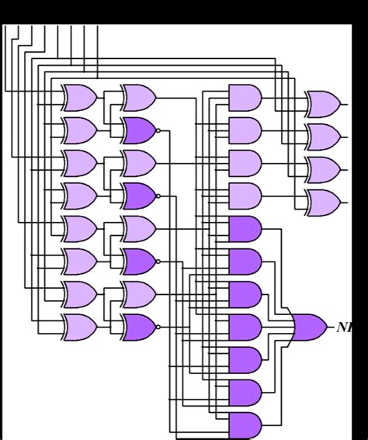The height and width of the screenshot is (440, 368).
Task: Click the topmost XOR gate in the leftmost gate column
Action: [x=79, y=98]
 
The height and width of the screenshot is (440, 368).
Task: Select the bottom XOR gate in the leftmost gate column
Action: [x=79, y=327]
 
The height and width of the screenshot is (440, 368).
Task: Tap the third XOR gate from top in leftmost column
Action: [x=79, y=164]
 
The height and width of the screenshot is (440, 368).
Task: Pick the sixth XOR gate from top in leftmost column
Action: [x=79, y=262]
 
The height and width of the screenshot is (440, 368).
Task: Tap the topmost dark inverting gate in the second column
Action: [x=138, y=130]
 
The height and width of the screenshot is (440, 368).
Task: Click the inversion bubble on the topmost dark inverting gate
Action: [x=158, y=130]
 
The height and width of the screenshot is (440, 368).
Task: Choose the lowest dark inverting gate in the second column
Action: [x=138, y=327]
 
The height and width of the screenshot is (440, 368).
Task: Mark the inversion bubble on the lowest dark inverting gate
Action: [x=158, y=327]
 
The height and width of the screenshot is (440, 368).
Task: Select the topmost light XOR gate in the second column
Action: [x=138, y=98]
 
